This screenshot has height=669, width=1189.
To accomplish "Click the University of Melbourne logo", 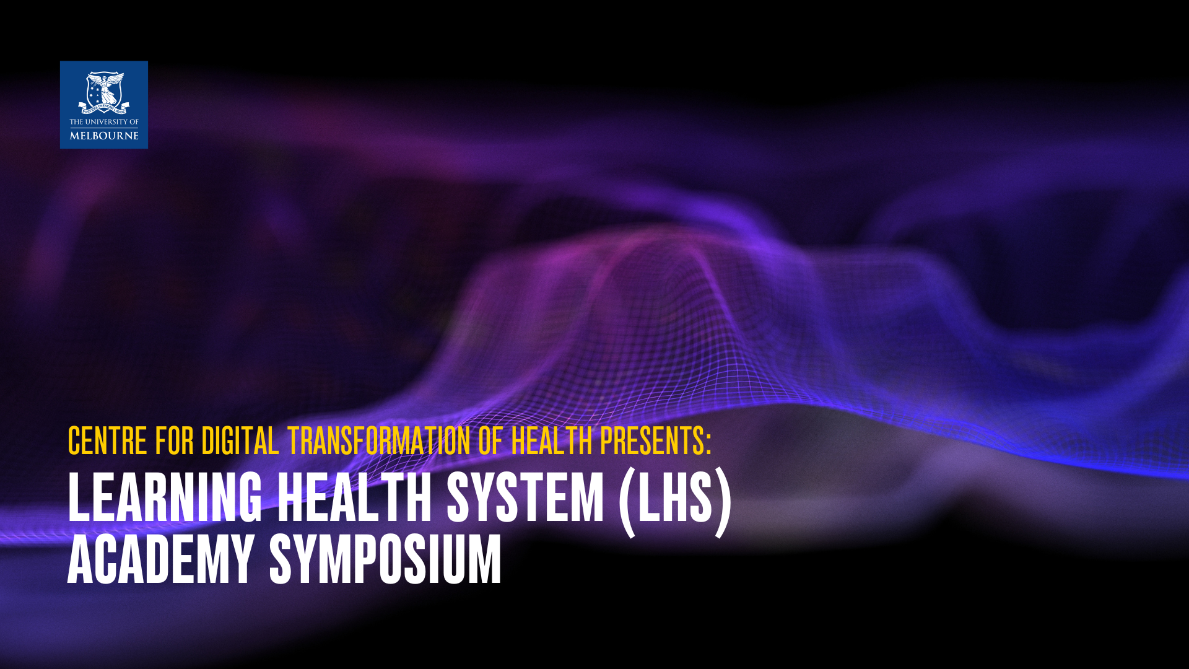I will pos(104,105).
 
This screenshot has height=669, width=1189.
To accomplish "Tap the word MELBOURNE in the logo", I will pos(104,136).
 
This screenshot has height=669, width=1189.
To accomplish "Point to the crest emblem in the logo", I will pos(104,92).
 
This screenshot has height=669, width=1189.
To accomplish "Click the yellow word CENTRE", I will pos(107,441).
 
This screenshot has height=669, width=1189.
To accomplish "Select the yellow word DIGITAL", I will pos(240,441).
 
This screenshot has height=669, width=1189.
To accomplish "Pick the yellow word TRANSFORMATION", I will pos(378,441).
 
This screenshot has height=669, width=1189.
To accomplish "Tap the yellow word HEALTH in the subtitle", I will pos(551,441).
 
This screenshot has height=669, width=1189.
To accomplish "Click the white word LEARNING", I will pos(165,497).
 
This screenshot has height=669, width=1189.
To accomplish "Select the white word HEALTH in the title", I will pos(354,497).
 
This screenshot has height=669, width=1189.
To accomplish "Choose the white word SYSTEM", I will pos(525,497).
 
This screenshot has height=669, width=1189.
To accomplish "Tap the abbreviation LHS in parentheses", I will pos(676,497).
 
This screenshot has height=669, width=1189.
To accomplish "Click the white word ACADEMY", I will pos(160,560).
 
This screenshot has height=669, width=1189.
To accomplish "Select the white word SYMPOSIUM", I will pos(385,560).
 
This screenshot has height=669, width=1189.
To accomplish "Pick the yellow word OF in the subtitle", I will pos(490,441).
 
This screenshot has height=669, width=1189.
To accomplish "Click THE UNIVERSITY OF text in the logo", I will pos(104,122).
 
